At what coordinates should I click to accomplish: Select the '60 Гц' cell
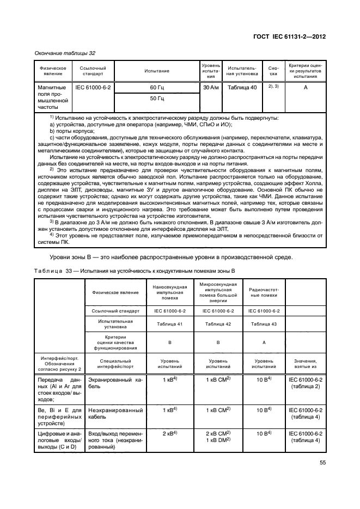coord(157,87)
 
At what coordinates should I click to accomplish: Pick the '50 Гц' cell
coord(157,99)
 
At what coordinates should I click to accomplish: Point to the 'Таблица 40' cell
coord(242,87)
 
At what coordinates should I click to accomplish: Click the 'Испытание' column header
coord(157,71)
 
